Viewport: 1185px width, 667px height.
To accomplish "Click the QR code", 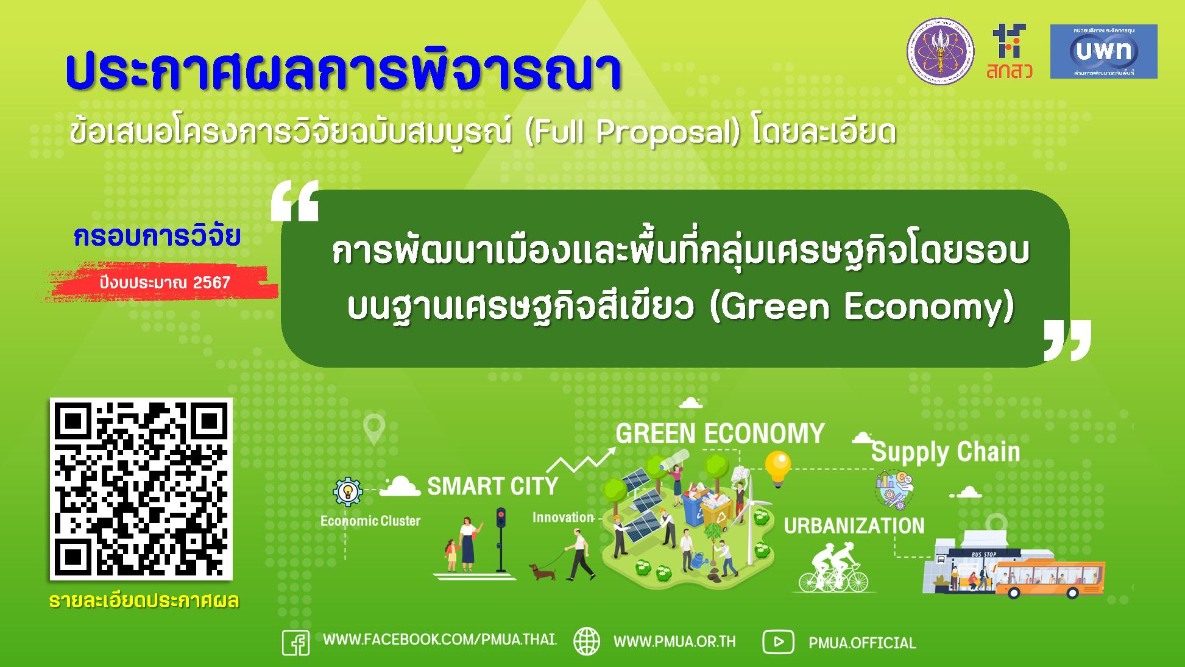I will click(141, 489).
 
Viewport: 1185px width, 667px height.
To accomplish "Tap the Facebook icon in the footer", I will click(296, 643).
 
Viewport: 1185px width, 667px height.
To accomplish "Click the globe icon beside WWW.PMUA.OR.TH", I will click(587, 641).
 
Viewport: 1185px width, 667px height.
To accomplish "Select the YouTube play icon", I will click(778, 642).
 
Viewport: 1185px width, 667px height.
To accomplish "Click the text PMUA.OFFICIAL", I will click(862, 643).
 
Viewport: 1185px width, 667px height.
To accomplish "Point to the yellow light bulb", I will click(777, 467).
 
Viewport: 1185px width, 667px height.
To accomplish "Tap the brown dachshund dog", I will click(542, 572).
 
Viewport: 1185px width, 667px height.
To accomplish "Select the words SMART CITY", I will click(492, 487).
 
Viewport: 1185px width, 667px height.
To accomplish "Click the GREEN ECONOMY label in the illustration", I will click(720, 433).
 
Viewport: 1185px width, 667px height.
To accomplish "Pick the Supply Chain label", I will click(945, 452).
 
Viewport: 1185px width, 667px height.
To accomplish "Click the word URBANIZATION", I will click(854, 526).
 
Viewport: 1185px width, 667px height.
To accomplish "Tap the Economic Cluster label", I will click(370, 521).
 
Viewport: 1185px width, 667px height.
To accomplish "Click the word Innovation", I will click(563, 518).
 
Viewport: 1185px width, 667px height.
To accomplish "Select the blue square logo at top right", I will click(1103, 51).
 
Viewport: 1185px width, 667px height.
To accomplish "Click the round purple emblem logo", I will click(941, 51).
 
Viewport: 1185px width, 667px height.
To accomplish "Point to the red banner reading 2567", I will click(164, 283).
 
